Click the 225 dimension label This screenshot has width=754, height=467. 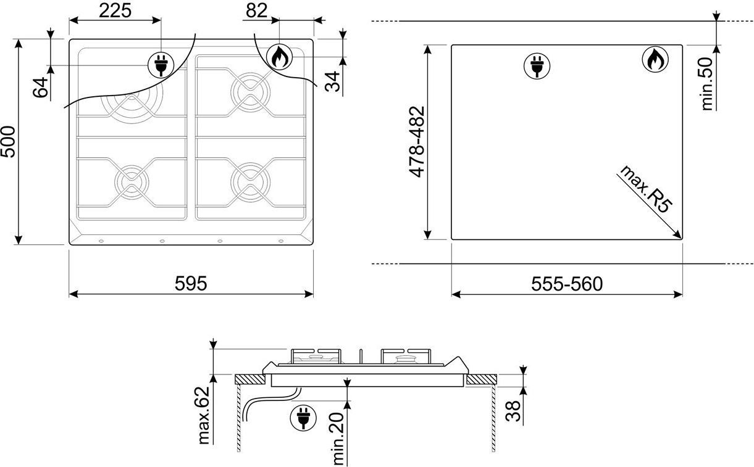pyautogui.click(x=115, y=10)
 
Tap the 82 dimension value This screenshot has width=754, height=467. pyautogui.click(x=256, y=10)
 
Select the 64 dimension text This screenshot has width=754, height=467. pyautogui.click(x=40, y=87)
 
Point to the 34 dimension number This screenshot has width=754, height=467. pyautogui.click(x=333, y=81)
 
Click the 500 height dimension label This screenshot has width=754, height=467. pyautogui.click(x=8, y=141)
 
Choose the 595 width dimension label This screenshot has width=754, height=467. pyautogui.click(x=191, y=283)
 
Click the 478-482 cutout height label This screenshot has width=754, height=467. pyautogui.click(x=417, y=141)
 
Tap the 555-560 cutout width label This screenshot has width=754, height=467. pyautogui.click(x=567, y=284)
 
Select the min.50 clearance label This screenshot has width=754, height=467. pyautogui.click(x=707, y=84)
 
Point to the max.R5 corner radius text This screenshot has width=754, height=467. pyautogui.click(x=645, y=189)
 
